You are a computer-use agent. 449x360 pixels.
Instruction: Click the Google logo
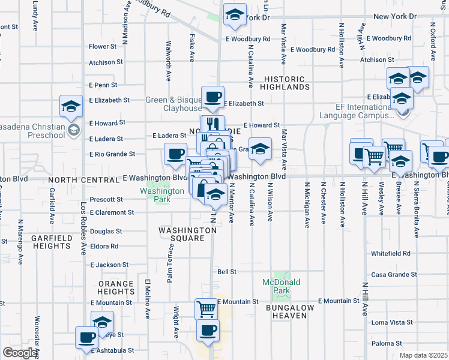pyautogui.click(x=20, y=353)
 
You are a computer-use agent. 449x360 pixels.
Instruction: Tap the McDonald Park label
pyautogui.click(x=281, y=286)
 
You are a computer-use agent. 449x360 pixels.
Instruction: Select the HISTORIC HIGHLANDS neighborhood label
pyautogui.click(x=285, y=83)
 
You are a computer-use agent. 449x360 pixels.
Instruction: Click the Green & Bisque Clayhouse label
pyautogui.click(x=174, y=104)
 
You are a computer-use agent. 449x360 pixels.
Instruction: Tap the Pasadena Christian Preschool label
pyautogui.click(x=33, y=131)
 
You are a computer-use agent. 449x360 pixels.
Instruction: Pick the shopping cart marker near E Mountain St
pyautogui.click(x=206, y=308)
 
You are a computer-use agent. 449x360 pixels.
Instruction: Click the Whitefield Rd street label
pyautogui.click(x=390, y=254)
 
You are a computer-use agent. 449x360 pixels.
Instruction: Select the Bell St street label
pyautogui.click(x=227, y=272)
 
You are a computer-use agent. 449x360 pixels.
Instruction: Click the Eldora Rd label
pyautogui.click(x=104, y=246)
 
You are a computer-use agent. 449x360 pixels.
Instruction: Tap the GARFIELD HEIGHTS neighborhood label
pyautogui.click(x=52, y=242)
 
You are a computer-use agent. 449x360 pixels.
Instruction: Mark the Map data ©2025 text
pyautogui.click(x=423, y=355)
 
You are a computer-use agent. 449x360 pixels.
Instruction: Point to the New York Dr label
pyautogui.click(x=394, y=16)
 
